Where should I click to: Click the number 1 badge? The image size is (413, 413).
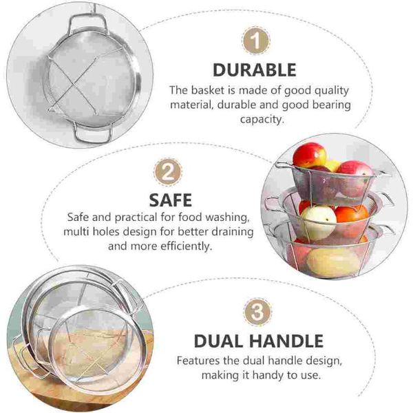coord(256,41)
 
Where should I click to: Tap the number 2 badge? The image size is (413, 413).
coord(168,172)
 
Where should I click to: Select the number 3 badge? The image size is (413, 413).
coord(257,312)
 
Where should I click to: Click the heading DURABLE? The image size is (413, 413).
coord(255,70)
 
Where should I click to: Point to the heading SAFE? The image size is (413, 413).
coord(171,200)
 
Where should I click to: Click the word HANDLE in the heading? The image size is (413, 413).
coord(286,341)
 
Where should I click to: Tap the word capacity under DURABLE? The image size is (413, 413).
coord(262,120)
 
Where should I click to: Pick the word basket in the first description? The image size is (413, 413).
coord(209,90)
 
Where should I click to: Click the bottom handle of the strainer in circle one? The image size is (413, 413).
coord(93,133)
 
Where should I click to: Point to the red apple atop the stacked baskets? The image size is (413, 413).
coord(310,156)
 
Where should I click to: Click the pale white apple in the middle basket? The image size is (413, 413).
coord(319,222)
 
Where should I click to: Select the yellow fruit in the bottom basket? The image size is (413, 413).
coord(332,262)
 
